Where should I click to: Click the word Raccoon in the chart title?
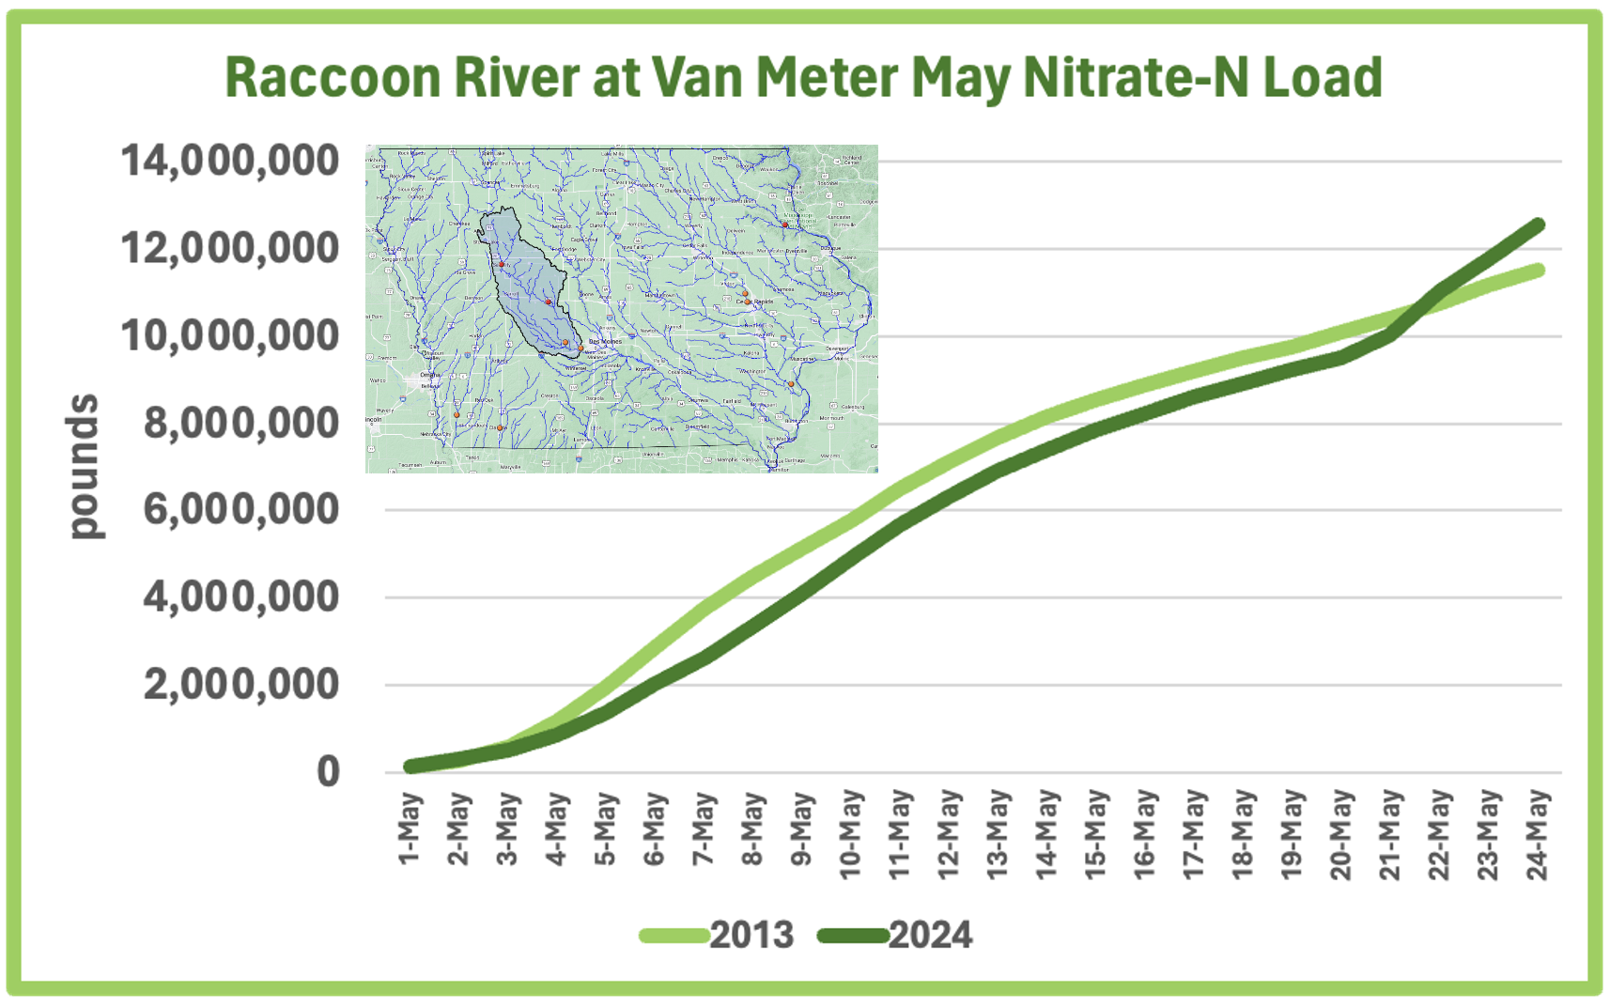(x=333, y=77)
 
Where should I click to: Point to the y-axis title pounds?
(x=84, y=467)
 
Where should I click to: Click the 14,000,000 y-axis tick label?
(x=230, y=161)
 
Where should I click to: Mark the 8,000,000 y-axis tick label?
(x=240, y=424)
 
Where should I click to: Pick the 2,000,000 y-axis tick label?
(x=240, y=684)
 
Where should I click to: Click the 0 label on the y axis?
(x=328, y=771)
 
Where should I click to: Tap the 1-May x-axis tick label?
(x=410, y=829)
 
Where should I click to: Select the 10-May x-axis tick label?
(x=850, y=834)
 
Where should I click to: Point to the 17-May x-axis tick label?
(x=1193, y=834)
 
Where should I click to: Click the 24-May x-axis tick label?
(x=1537, y=834)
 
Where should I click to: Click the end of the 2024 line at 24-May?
(x=1538, y=225)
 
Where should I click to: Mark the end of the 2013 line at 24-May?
(x=1538, y=271)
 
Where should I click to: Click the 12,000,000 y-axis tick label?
(x=230, y=249)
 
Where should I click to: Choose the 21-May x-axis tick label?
(x=1389, y=834)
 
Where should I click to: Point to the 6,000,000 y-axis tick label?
(x=240, y=510)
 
